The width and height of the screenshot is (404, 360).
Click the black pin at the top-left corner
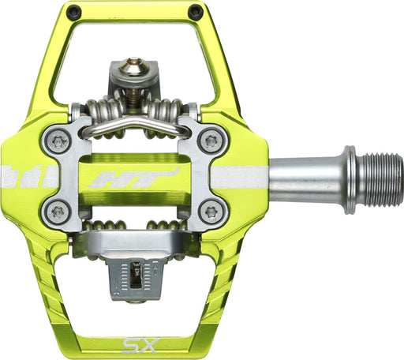point(73,12)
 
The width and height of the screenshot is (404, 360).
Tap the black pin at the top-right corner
point(195,12)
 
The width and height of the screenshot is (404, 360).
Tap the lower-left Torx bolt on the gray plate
point(57,212)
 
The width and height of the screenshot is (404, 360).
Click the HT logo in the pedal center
point(134,175)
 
